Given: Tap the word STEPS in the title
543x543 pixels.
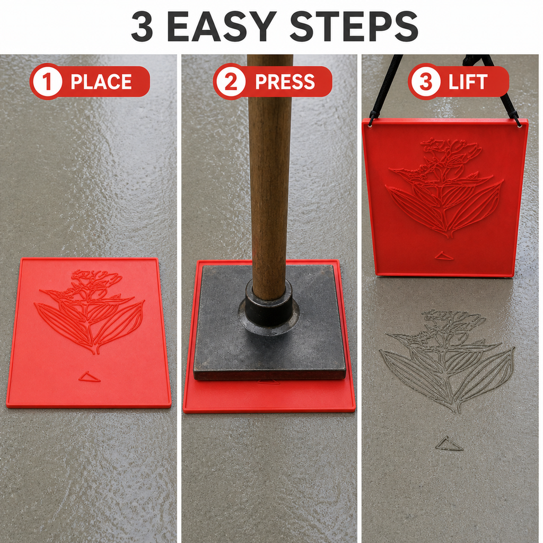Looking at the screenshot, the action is click(354, 27).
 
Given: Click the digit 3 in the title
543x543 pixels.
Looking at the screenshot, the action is click(142, 27).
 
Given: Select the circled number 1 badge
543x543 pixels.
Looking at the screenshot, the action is click(47, 82).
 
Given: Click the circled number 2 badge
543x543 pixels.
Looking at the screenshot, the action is click(231, 82).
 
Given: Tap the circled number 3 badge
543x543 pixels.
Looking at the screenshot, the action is click(425, 82).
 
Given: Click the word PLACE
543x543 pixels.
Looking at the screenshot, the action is click(101, 82).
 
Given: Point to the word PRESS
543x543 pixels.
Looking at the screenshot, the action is click(285, 82).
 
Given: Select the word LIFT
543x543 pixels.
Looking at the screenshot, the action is click(468, 82).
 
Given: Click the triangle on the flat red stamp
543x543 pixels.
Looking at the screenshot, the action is click(89, 376).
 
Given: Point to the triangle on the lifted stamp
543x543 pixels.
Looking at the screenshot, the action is click(444, 256).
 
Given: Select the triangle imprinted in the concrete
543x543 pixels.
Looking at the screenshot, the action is click(449, 444).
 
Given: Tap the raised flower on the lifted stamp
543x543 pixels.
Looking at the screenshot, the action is click(445, 187).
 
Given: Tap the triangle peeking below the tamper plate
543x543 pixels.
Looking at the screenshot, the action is click(268, 382).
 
